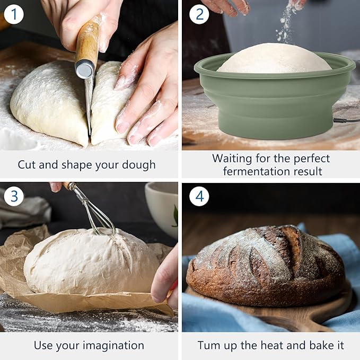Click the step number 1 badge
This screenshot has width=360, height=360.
14,14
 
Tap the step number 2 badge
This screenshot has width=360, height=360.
199,14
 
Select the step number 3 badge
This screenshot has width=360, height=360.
14,197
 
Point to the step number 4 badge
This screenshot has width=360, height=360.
199,197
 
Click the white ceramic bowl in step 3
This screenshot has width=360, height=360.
162,207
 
